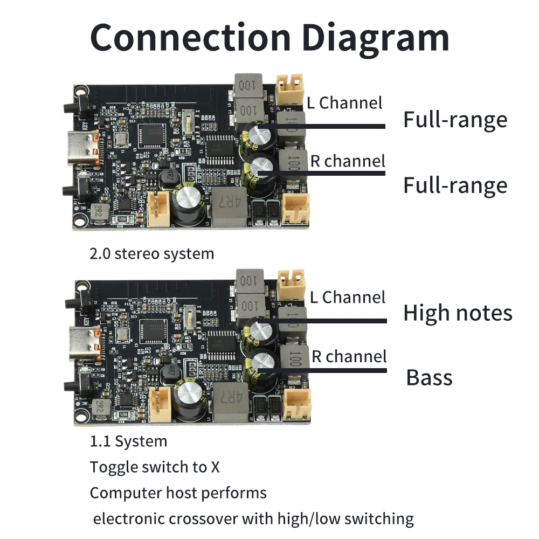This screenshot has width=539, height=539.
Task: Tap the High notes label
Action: point(458,313)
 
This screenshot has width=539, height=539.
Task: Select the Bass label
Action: point(429,377)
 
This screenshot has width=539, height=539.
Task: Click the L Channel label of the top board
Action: point(344,102)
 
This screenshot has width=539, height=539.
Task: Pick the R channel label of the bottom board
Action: point(348,356)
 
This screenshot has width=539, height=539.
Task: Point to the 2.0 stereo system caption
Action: point(151,253)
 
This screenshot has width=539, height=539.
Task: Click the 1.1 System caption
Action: point(128,441)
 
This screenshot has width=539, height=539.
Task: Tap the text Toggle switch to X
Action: point(155,467)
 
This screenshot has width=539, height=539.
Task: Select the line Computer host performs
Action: point(178,493)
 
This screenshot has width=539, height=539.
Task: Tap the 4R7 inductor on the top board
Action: point(229,206)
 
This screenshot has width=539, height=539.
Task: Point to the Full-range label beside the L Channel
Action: point(455,120)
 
